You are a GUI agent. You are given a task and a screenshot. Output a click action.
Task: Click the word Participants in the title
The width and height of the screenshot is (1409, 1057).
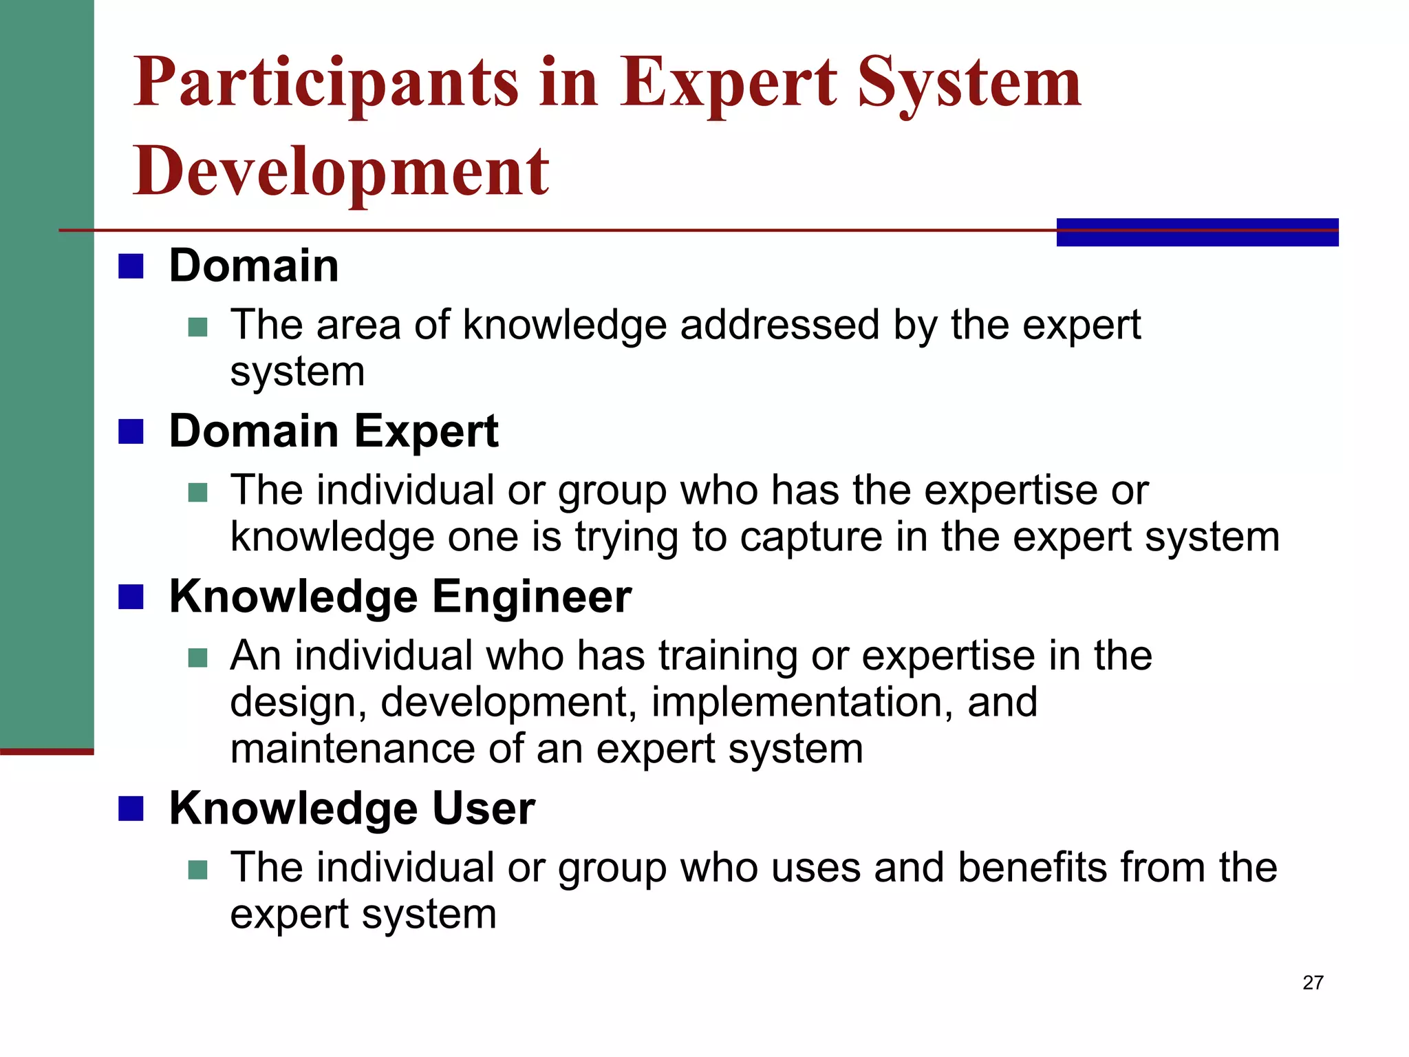click(x=325, y=84)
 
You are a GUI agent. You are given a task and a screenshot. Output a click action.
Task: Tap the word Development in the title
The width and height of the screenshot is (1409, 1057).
click(x=341, y=172)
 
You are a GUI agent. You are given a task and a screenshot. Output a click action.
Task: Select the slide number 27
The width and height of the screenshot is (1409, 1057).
click(x=1313, y=983)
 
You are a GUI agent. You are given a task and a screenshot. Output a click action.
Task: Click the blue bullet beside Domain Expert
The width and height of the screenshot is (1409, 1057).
click(x=131, y=432)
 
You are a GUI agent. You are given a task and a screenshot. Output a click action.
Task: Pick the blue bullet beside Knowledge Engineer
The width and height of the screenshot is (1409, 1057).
click(x=131, y=597)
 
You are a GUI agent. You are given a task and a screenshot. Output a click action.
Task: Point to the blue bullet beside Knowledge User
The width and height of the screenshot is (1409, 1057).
click(x=131, y=809)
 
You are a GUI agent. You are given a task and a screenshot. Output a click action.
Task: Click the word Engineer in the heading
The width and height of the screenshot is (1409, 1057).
click(x=531, y=597)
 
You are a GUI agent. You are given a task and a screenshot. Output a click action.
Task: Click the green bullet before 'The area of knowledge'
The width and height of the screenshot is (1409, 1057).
click(x=197, y=327)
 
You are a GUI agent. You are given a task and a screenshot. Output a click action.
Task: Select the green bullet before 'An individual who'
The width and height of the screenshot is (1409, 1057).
click(x=197, y=658)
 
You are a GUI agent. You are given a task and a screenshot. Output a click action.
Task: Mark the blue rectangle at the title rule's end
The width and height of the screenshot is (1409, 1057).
click(x=1197, y=232)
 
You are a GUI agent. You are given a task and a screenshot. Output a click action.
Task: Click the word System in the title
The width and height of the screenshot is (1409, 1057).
click(x=970, y=84)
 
